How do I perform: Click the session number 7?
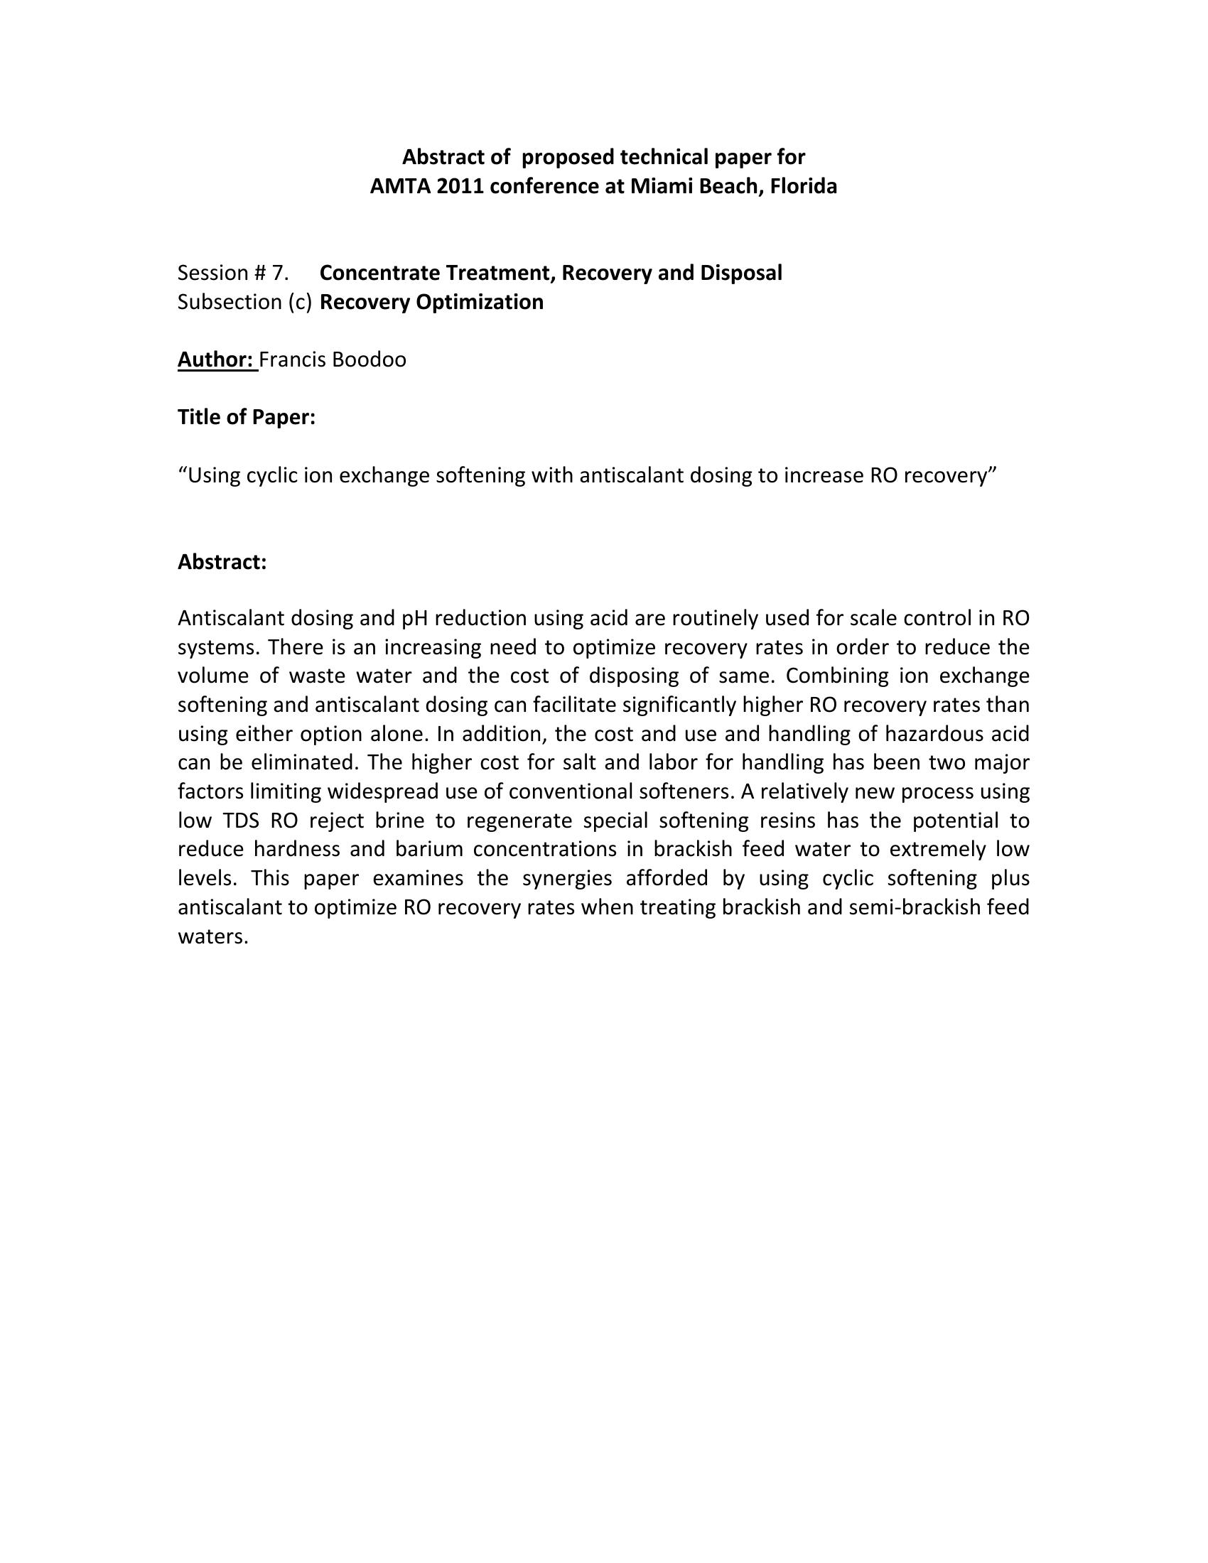pos(280,273)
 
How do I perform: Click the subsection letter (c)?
pos(301,302)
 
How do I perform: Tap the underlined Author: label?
pos(217,359)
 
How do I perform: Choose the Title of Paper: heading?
pos(246,417)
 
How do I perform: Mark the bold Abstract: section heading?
pos(222,563)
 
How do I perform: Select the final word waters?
pos(212,937)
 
